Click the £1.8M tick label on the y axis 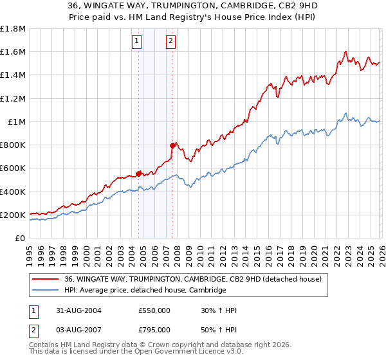coord(13,29)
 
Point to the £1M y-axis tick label coord(16,122)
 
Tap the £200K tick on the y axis coord(13,215)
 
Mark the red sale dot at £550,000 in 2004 coord(139,173)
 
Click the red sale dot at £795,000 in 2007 coord(172,145)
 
